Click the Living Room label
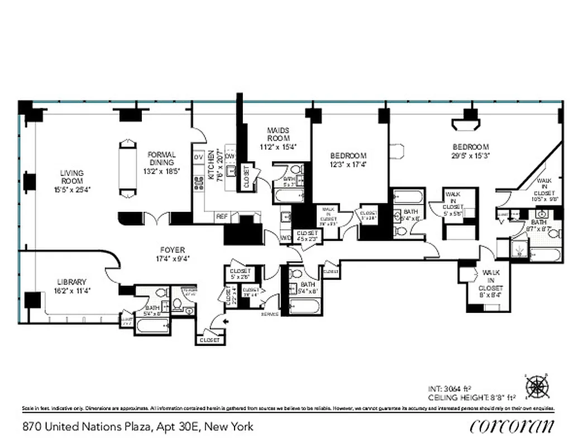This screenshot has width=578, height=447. pyautogui.click(x=72, y=177)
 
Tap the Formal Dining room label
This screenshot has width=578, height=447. pyautogui.click(x=162, y=159)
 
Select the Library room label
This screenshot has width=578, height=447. pyautogui.click(x=71, y=282)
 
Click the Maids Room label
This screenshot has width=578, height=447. pyautogui.click(x=278, y=134)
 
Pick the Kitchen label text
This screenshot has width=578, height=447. pyautogui.click(x=211, y=164)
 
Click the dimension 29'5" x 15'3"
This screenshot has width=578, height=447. pyautogui.click(x=470, y=156)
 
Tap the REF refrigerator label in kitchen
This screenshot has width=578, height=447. pyautogui.click(x=222, y=216)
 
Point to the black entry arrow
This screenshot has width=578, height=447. pyautogui.click(x=226, y=321)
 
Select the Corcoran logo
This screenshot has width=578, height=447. pyautogui.click(x=512, y=426)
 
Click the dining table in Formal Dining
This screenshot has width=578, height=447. pyautogui.click(x=128, y=168)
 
